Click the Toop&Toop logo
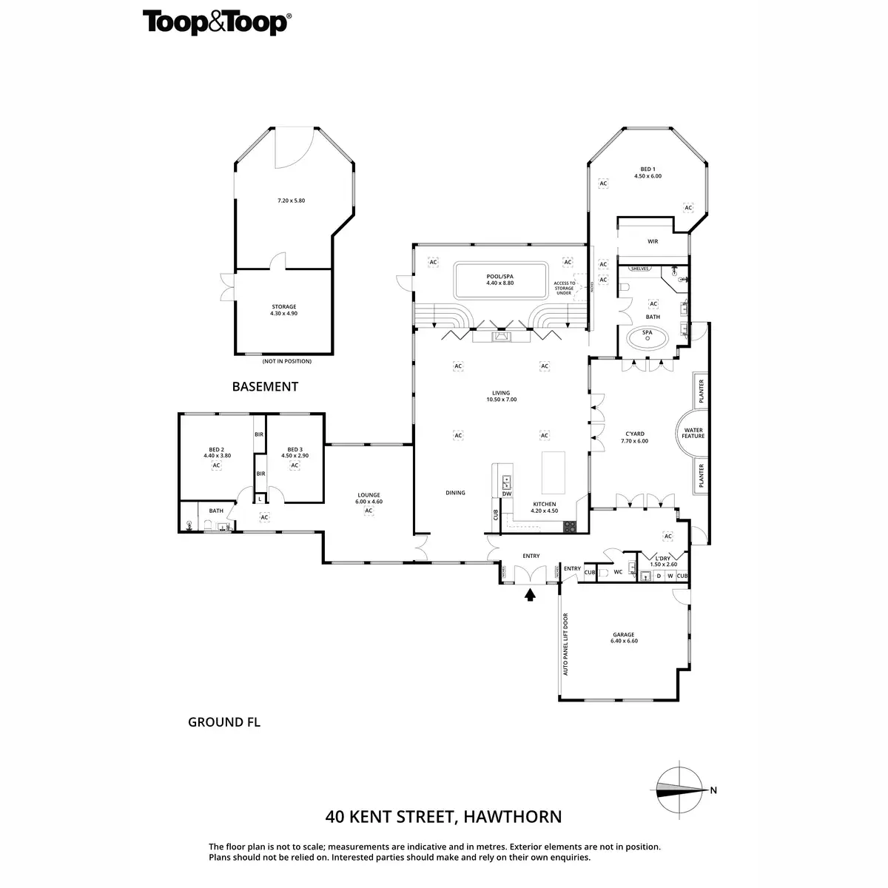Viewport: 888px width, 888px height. [215, 23]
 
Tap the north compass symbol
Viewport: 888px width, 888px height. [682, 790]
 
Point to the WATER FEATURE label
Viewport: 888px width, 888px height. [693, 433]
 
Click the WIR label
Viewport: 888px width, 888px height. [653, 241]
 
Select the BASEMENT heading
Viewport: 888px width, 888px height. [265, 386]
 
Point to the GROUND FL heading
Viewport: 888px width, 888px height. [224, 722]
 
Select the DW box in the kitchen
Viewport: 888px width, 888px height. [507, 494]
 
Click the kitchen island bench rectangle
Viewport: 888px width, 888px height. [554, 472]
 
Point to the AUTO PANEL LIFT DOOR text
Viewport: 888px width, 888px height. [565, 644]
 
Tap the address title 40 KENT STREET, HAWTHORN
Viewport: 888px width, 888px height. [443, 817]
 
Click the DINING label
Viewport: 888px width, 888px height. [455, 493]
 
